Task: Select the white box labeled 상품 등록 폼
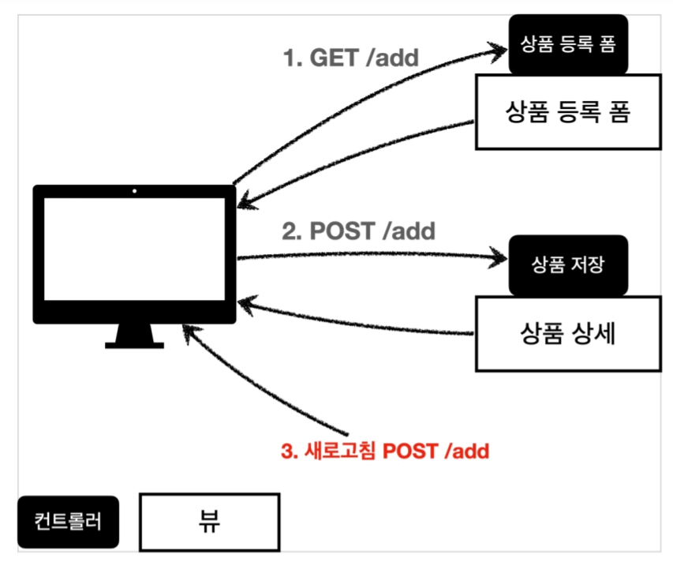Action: pyautogui.click(x=567, y=111)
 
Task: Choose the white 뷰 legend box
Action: pyautogui.click(x=209, y=522)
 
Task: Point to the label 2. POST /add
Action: pyautogui.click(x=359, y=231)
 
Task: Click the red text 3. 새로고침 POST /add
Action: pyautogui.click(x=385, y=452)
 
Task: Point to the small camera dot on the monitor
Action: pyautogui.click(x=134, y=191)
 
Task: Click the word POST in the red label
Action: pyautogui.click(x=411, y=452)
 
